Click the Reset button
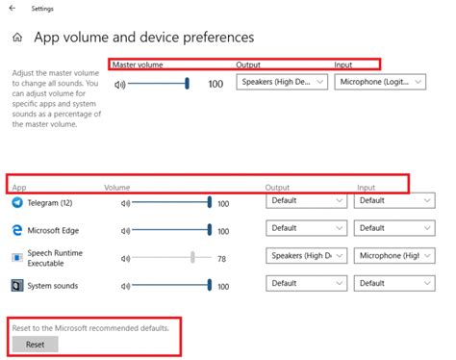(35, 344)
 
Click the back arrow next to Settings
(12, 9)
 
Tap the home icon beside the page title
(16, 39)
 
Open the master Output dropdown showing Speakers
(282, 83)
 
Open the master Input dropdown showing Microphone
(380, 83)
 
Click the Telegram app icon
(17, 202)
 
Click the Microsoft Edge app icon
(17, 230)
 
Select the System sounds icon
(17, 286)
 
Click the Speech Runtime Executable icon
(17, 258)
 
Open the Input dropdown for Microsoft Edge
(393, 229)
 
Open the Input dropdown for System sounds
(393, 284)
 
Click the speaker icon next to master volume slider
(120, 84)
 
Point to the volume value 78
(222, 258)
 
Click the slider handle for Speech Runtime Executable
(193, 257)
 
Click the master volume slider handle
(187, 84)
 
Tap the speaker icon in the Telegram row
(125, 203)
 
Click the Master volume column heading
(138, 64)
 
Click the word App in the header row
(19, 187)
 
